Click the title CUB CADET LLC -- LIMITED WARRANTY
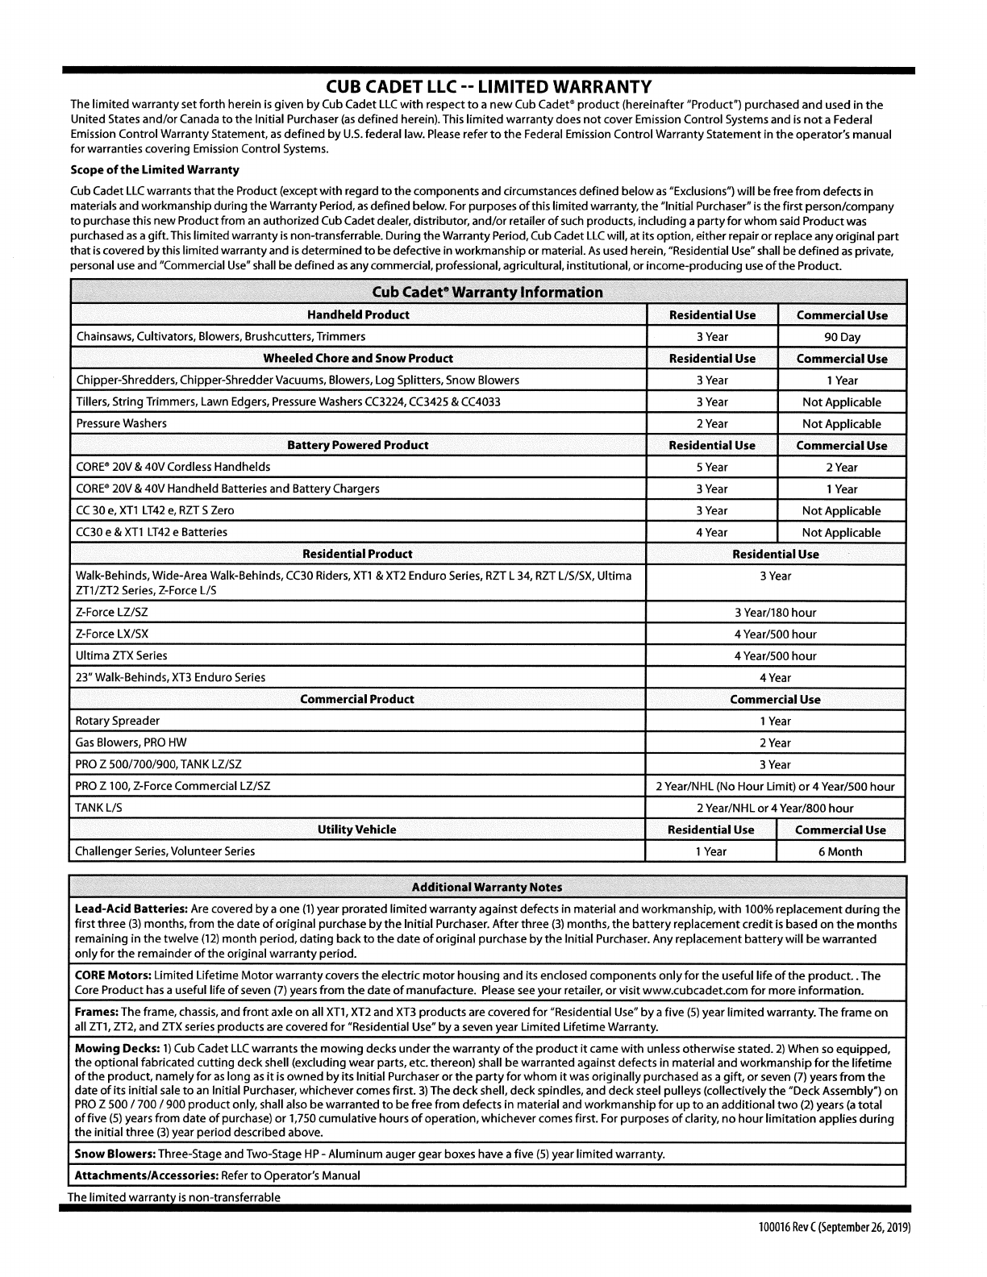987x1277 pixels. coord(489,86)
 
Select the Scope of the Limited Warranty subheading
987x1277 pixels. coord(155,170)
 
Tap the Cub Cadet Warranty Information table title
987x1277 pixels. coord(488,292)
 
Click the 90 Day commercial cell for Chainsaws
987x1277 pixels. coord(842,337)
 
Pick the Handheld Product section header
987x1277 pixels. coord(359,315)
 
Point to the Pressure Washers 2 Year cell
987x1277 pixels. coord(712,424)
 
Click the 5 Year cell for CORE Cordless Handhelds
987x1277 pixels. coord(712,468)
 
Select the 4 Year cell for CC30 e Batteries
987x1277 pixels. coord(712,533)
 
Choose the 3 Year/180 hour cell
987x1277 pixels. coord(775,613)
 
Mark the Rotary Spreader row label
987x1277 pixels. coord(118,722)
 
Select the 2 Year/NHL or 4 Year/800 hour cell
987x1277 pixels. coord(775,809)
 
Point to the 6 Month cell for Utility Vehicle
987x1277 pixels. coord(840,852)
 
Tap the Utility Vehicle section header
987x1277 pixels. coord(357,830)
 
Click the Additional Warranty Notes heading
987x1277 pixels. coord(487,888)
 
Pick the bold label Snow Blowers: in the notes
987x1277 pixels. coord(115,1154)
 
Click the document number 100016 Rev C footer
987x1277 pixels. coord(834,1229)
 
